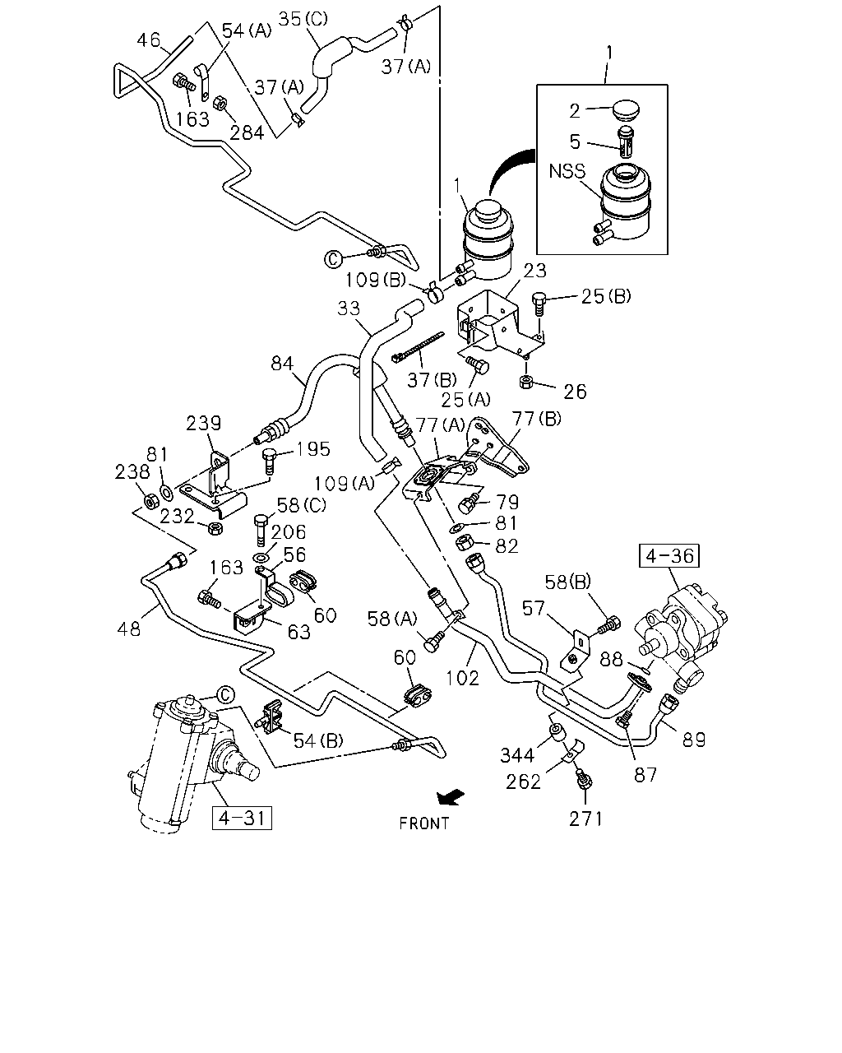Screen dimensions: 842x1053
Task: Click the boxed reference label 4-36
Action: coord(669,555)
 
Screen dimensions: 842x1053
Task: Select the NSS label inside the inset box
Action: coord(567,171)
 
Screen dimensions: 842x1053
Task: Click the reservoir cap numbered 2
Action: coord(626,110)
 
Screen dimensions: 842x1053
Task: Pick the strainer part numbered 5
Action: coord(626,141)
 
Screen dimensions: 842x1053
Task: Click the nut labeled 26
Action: coord(526,382)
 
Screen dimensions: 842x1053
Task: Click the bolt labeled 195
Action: coord(270,461)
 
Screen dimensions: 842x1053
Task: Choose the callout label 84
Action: coord(282,364)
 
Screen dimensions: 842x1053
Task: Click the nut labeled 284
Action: coord(220,103)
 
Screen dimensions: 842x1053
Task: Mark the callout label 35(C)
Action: coord(303,19)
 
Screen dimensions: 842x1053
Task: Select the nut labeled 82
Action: coord(463,543)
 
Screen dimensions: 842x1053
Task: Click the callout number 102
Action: coord(462,678)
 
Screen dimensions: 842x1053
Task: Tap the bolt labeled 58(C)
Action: coord(261,531)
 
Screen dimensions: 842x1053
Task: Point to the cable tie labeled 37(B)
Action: coord(418,347)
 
